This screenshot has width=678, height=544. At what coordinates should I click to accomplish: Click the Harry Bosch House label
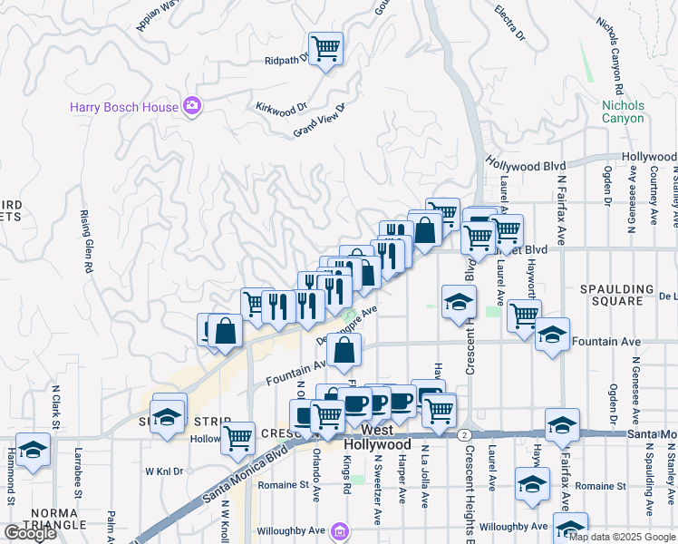click(124, 107)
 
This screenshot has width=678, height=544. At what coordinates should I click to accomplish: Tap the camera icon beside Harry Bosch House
click(191, 107)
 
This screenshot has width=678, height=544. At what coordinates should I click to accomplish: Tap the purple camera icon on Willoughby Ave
click(339, 530)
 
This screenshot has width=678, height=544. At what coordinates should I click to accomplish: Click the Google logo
click(29, 533)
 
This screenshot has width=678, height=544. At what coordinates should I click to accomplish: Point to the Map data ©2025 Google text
click(622, 537)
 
